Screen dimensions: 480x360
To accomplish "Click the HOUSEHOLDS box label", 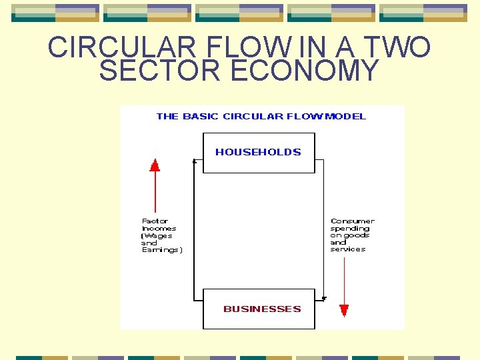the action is [x=258, y=152].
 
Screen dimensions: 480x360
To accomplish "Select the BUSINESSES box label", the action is [x=262, y=309].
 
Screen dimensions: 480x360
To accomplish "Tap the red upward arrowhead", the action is [x=155, y=165].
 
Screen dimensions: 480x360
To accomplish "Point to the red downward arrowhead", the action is [x=344, y=310].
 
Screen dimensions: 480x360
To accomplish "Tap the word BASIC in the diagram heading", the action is [x=201, y=116].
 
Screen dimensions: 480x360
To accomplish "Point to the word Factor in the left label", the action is [x=155, y=221].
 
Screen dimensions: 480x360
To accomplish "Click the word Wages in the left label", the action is [x=158, y=235].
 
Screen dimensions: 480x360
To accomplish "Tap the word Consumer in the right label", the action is [x=352, y=221].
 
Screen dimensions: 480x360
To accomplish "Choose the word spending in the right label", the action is [x=350, y=228].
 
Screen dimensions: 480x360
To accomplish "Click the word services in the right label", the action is [x=347, y=249].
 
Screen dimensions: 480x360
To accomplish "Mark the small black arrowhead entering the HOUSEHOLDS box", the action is [x=194, y=161].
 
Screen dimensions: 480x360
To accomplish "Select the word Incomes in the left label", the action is [x=159, y=228].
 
